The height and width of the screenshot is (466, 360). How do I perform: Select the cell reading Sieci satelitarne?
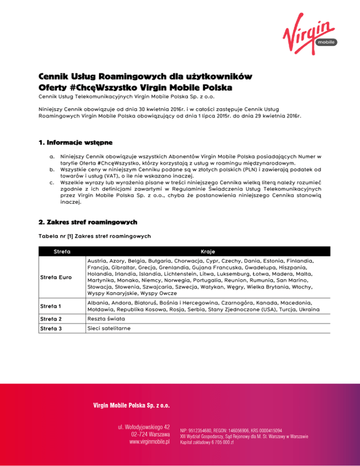[x=108, y=328]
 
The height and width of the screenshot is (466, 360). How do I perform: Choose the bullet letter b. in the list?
[x=52, y=170]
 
